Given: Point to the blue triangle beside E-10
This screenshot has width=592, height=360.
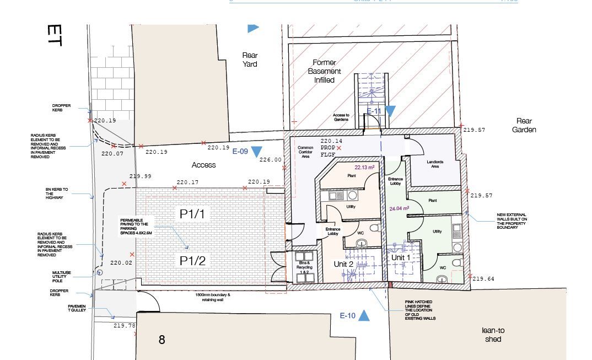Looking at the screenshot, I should pyautogui.click(x=364, y=316).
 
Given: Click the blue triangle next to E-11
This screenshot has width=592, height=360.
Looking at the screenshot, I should pyautogui.click(x=390, y=111).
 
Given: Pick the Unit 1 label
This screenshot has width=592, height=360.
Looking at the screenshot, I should pyautogui.click(x=401, y=257).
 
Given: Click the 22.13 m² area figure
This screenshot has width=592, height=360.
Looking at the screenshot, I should pyautogui.click(x=364, y=167).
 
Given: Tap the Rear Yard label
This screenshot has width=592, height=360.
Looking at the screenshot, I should pyautogui.click(x=250, y=60).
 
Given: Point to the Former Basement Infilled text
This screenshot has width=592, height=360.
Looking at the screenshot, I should pyautogui.click(x=325, y=71).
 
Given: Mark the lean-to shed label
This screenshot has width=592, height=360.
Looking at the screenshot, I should pyautogui.click(x=493, y=335).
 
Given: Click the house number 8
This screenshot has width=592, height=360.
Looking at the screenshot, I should pyautogui.click(x=162, y=340).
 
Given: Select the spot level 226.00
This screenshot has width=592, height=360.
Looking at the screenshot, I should pyautogui.click(x=271, y=160).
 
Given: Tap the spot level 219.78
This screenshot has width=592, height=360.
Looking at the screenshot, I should pyautogui.click(x=124, y=326).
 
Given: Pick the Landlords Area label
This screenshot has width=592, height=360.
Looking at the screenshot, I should pyautogui.click(x=435, y=164).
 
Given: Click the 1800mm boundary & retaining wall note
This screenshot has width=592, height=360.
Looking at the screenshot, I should pyautogui.click(x=214, y=297).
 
